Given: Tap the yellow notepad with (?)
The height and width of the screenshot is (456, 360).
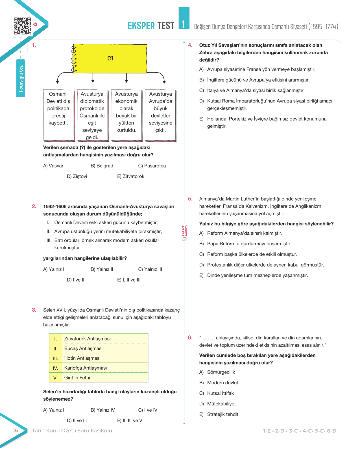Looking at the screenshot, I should point(110,58).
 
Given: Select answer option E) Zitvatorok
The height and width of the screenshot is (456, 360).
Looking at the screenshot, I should point(131,176).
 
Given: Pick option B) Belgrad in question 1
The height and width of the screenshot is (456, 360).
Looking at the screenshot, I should point(102,166).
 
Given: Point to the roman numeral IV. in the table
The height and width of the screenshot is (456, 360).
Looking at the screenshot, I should point(55,368).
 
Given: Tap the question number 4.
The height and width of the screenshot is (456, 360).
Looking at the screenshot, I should point(190,45).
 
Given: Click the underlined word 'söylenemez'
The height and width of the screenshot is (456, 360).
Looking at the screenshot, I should point(56,399).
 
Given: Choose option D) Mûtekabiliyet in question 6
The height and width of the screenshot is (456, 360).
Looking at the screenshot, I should point(218,404).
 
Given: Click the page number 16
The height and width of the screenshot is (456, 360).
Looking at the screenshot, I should point(16,431).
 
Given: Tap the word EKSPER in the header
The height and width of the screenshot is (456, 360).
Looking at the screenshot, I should point(141,26).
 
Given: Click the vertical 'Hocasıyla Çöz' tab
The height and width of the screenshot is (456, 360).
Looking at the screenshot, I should point(21,78).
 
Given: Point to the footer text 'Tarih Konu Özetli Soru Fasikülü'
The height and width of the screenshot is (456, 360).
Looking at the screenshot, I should point(72,431).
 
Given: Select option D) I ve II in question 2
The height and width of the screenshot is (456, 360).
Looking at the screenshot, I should point(76,280).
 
